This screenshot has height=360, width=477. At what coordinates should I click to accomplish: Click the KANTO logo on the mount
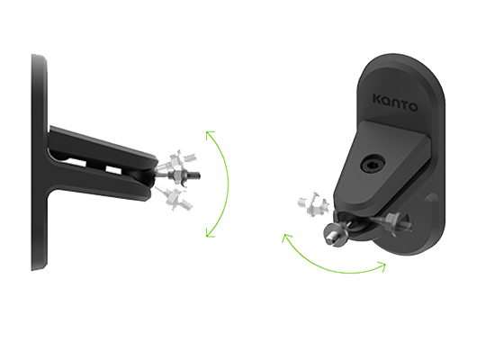[x=395, y=103]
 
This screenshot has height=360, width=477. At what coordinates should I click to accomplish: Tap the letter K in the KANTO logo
[x=378, y=99]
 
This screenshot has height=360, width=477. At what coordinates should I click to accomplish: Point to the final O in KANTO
[x=413, y=107]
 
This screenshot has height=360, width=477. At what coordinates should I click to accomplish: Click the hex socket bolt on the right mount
[x=373, y=166]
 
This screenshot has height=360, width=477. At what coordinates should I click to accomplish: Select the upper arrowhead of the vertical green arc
[x=210, y=134]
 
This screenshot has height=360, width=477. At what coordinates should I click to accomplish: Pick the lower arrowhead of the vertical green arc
[x=210, y=234]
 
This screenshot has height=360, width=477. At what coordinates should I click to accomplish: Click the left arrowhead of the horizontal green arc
[x=286, y=238]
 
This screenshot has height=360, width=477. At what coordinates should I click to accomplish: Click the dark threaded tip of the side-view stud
[x=195, y=175]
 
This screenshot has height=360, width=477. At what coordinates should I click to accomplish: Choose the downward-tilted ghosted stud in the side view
[x=175, y=197]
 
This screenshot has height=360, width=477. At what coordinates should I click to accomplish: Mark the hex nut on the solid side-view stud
[x=177, y=176]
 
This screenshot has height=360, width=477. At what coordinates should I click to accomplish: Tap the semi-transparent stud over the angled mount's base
[x=397, y=222]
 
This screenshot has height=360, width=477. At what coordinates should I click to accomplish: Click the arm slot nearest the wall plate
[x=76, y=162]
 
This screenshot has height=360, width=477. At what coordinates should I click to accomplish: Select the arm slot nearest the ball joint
[x=113, y=170]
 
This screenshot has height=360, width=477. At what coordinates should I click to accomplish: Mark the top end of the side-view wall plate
[x=39, y=57]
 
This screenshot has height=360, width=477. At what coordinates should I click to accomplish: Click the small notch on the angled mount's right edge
[x=431, y=199]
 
